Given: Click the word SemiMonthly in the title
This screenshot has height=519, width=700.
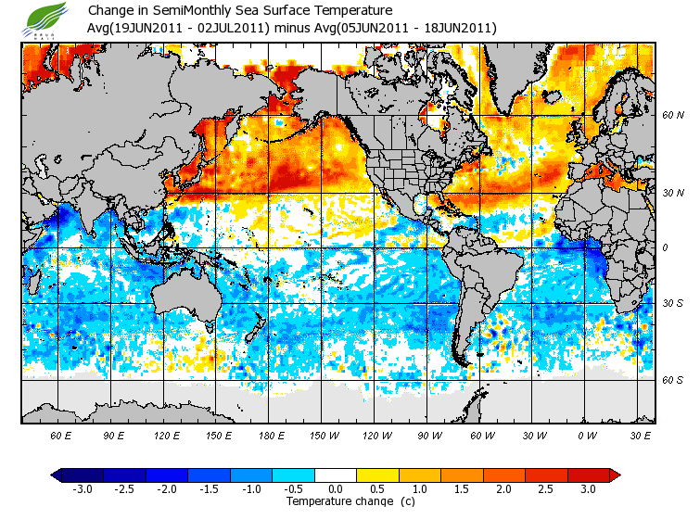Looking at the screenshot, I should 187,11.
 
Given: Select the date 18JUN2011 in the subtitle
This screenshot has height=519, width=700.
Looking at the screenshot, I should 460,29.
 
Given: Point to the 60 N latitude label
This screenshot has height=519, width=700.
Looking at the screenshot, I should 672,116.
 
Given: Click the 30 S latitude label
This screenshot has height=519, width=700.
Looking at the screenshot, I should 672,303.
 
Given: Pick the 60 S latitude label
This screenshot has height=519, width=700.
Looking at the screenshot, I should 672,379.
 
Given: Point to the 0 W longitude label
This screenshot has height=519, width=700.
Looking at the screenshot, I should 587,435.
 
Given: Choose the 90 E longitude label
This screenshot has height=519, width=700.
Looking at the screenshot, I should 114,435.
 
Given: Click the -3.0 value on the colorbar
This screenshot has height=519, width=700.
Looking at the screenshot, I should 83,488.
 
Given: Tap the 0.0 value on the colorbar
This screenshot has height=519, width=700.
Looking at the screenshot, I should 336,488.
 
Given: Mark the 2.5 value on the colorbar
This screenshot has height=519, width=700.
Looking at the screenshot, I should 547,488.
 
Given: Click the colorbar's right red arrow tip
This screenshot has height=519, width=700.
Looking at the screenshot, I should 616,475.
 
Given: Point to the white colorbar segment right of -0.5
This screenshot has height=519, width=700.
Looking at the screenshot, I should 336,475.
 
